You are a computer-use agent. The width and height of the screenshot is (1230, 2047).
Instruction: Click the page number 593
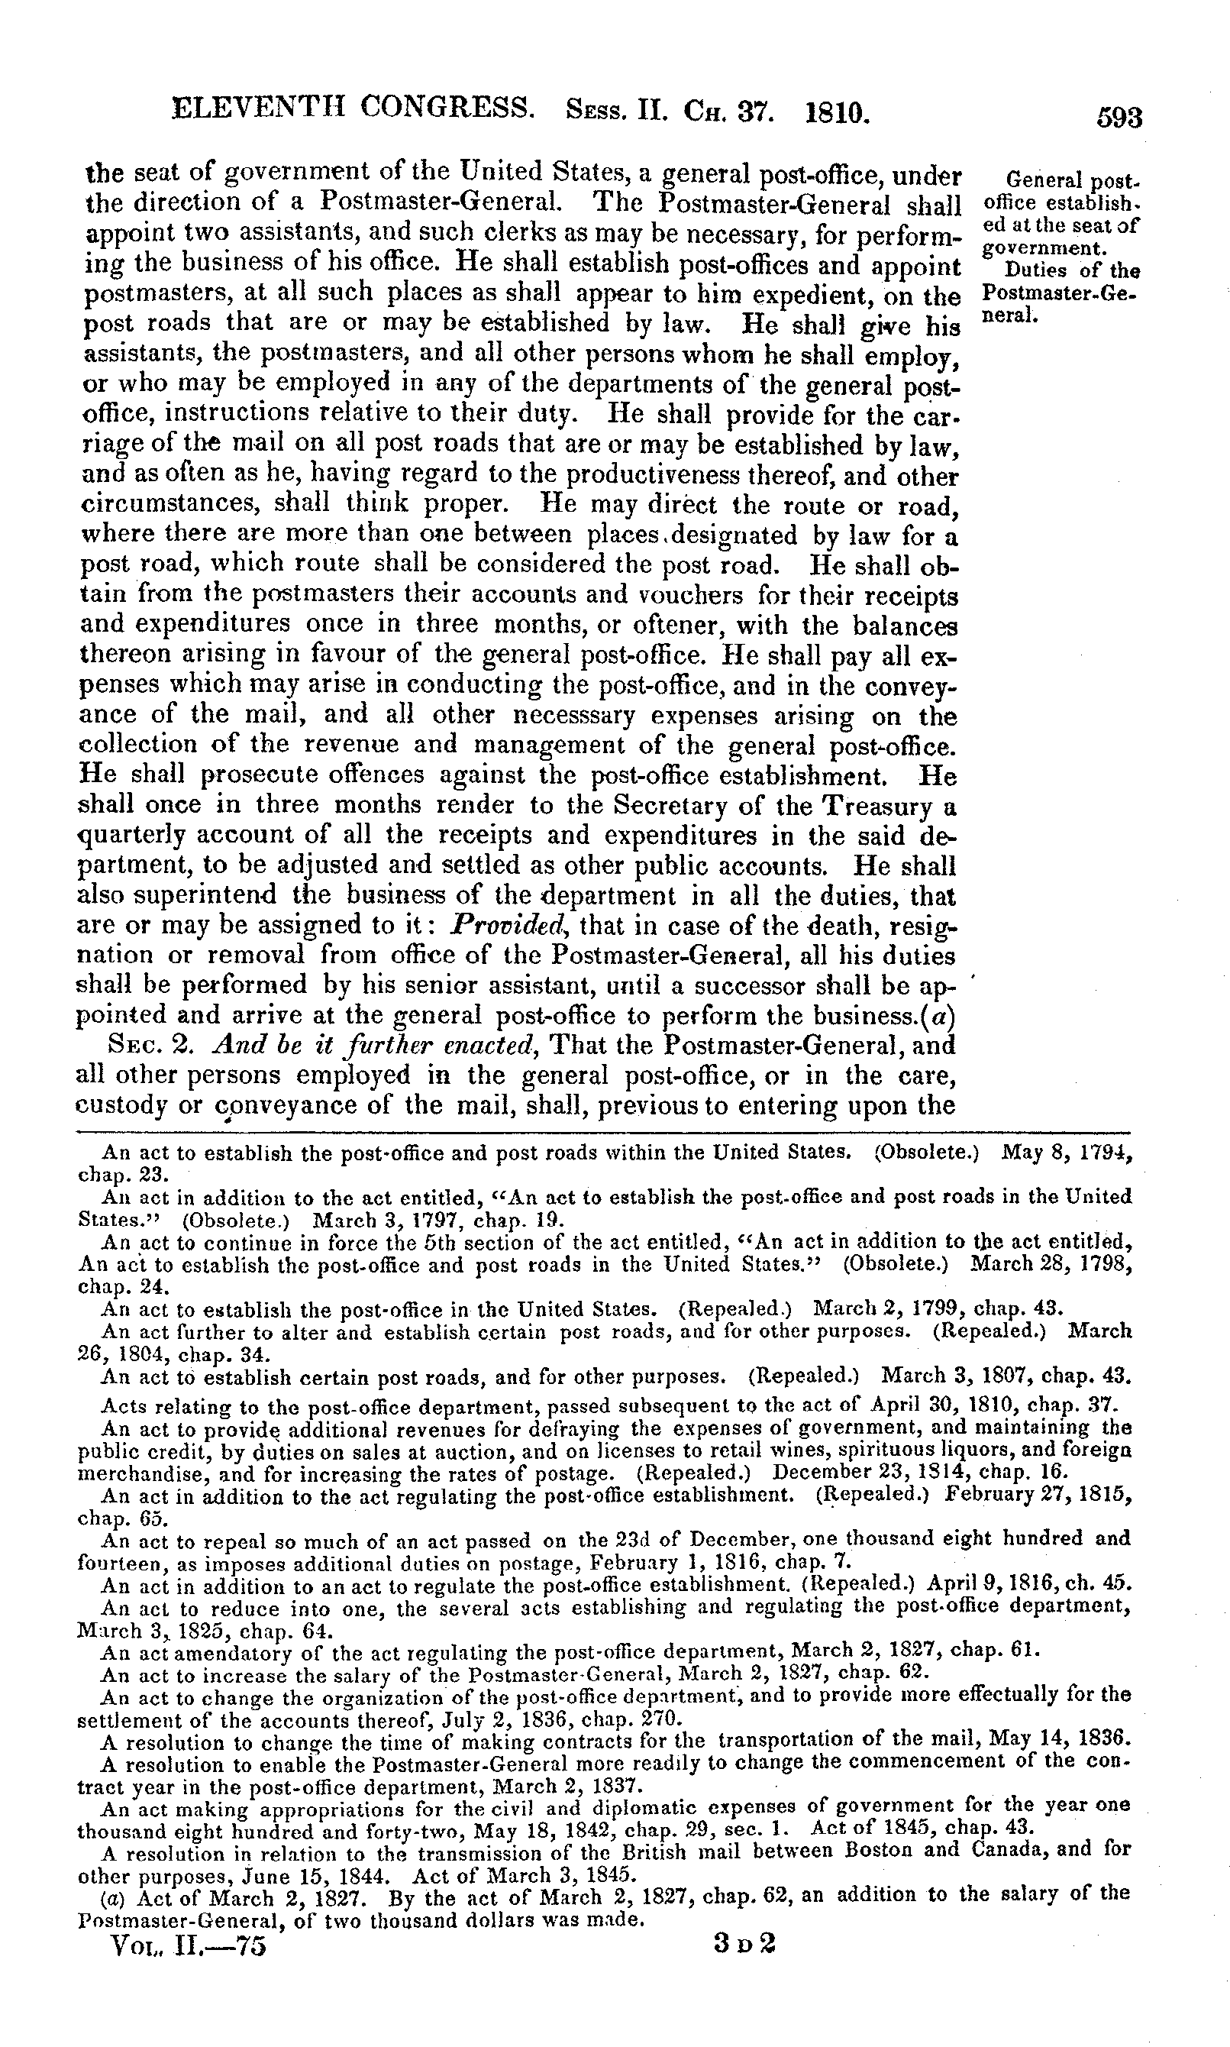[1119, 118]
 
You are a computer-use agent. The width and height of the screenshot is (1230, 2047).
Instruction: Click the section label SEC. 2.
[146, 1046]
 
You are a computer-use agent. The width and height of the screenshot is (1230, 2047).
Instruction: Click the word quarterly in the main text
[131, 836]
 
